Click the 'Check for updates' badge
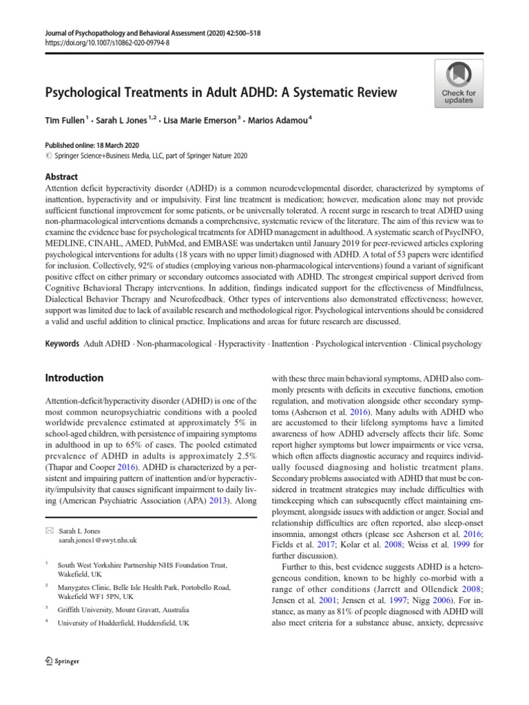point(458,83)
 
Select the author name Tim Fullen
point(65,120)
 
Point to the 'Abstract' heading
point(61,177)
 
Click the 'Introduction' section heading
point(74,378)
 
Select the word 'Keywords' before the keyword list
point(61,343)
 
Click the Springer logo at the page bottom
point(62,661)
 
